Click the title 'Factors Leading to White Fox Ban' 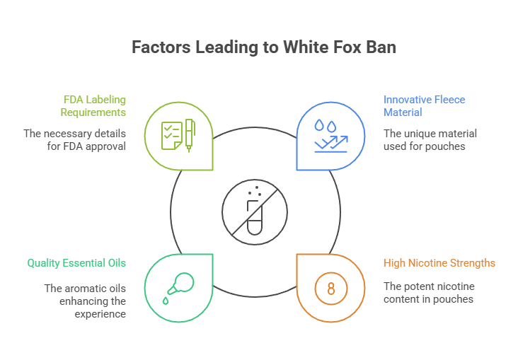pyautogui.click(x=258, y=47)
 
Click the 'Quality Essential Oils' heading pyautogui.click(x=76, y=263)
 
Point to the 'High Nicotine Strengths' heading pyautogui.click(x=439, y=263)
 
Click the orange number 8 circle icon pyautogui.click(x=330, y=289)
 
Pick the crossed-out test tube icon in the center pyautogui.click(x=254, y=210)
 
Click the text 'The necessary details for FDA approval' pyautogui.click(x=84, y=140)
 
